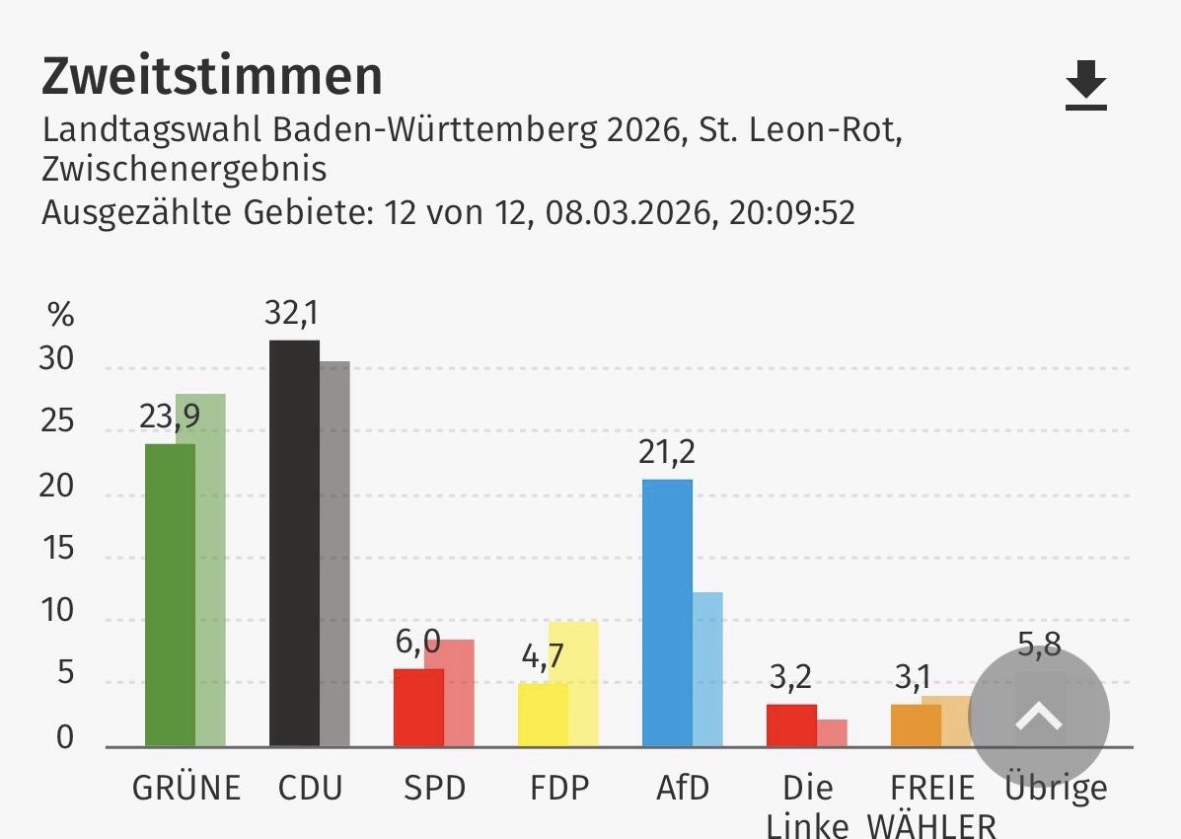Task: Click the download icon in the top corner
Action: pyautogui.click(x=1086, y=85)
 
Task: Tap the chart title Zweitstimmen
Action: pyautogui.click(x=211, y=77)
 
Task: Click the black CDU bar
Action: pyautogui.click(x=294, y=543)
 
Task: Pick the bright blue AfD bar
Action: pyautogui.click(x=667, y=612)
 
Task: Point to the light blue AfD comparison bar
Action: pyautogui.click(x=707, y=669)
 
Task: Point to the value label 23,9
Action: pyautogui.click(x=170, y=418)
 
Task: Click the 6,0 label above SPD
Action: pyautogui.click(x=417, y=643)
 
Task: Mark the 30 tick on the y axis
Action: pyautogui.click(x=56, y=360)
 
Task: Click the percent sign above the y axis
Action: pyautogui.click(x=61, y=316)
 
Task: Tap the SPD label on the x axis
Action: pyautogui.click(x=434, y=788)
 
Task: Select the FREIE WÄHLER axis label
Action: pyautogui.click(x=931, y=804)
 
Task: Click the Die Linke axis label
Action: pyautogui.click(x=807, y=804)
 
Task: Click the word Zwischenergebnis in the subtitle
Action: pyautogui.click(x=184, y=170)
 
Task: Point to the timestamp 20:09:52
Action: pyautogui.click(x=792, y=212)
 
